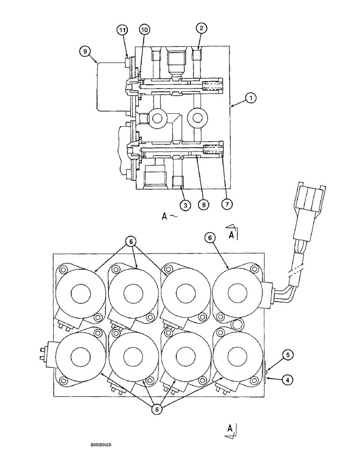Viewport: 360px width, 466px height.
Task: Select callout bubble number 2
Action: (x=201, y=29)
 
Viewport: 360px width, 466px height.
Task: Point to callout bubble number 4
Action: (x=288, y=379)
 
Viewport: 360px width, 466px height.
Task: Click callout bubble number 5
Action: (x=288, y=355)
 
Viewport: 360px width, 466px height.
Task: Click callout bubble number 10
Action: (x=144, y=30)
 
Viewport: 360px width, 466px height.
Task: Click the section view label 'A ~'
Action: (x=167, y=217)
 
